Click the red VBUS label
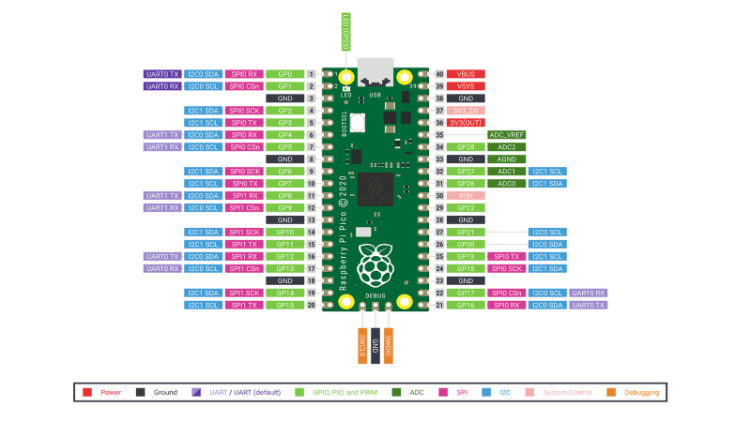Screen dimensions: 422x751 466,74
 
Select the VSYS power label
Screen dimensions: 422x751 466,86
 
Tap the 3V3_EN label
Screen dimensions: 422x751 466,111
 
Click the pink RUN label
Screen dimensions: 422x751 466,196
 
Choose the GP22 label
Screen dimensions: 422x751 466,208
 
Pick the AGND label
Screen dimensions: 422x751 507,159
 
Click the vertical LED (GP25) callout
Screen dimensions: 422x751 345,35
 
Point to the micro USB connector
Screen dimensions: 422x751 375,73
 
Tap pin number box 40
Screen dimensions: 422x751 439,74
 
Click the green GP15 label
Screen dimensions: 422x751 285,305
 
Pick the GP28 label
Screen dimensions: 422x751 466,147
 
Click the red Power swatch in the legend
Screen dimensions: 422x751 87,392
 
